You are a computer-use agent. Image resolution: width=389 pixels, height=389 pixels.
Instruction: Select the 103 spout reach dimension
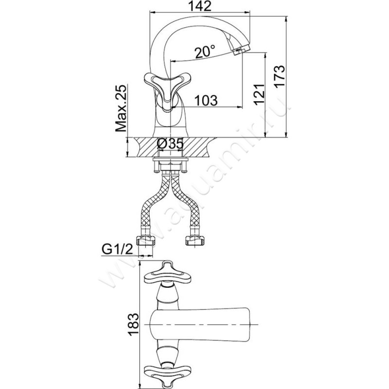click(206, 100)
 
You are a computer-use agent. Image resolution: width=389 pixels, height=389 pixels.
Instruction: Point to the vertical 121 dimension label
click(260, 94)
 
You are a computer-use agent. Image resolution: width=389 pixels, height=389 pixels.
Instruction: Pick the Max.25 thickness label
click(122, 110)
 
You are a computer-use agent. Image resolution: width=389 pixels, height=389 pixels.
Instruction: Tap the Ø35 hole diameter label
click(170, 144)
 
